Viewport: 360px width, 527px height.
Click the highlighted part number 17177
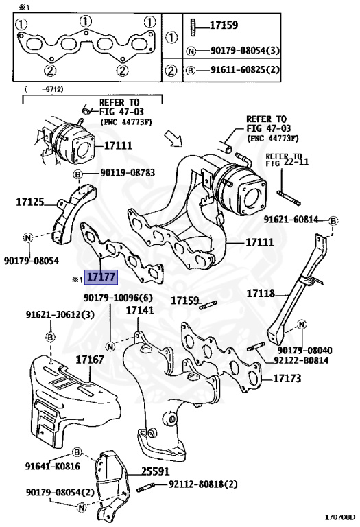[100, 279]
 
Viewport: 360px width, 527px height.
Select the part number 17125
[30, 202]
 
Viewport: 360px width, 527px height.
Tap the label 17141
[140, 310]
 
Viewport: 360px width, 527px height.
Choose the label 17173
[289, 378]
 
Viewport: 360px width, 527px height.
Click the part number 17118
[260, 293]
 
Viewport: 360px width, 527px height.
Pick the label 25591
[156, 471]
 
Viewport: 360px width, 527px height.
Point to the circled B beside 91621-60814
[332, 220]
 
